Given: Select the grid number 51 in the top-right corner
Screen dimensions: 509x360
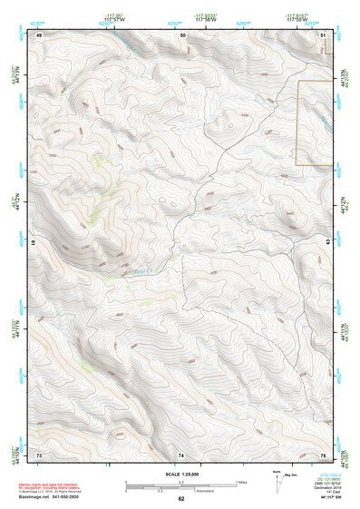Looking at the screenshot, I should pyautogui.click(x=323, y=34).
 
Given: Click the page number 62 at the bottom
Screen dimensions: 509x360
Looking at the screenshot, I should pyautogui.click(x=180, y=498).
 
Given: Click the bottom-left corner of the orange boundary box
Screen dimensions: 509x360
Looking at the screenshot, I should pyautogui.click(x=297, y=164).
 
